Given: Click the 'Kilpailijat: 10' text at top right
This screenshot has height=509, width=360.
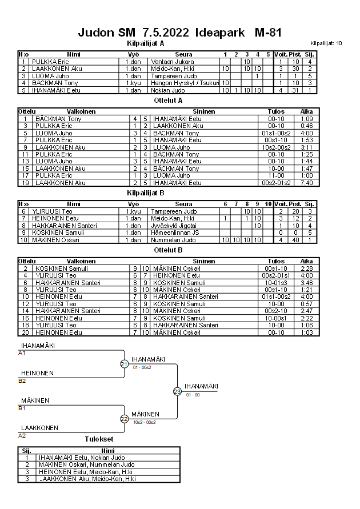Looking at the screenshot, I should click(x=326, y=43).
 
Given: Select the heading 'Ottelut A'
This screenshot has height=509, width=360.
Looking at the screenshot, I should click(x=169, y=99).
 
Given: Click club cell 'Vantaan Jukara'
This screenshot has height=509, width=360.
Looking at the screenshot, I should click(x=171, y=62).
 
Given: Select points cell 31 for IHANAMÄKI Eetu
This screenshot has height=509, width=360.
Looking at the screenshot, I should click(x=295, y=90).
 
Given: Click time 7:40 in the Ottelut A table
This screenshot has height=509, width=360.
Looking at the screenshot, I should click(x=306, y=183).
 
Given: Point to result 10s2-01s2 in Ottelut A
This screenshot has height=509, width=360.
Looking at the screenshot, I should click(x=276, y=147).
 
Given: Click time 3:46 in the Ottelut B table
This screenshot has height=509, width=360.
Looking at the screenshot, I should click(x=306, y=282).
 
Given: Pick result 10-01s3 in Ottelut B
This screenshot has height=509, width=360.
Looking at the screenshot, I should click(x=276, y=282).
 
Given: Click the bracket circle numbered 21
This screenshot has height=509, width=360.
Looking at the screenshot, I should click(x=125, y=364).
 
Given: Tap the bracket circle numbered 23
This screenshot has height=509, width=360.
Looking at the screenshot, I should click(x=177, y=391).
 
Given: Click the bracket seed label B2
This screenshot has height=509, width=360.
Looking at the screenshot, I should click(x=22, y=380).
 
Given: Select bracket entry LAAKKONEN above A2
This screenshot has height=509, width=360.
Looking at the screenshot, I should click(x=39, y=427).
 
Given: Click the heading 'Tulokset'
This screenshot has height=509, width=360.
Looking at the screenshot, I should click(x=99, y=439).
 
